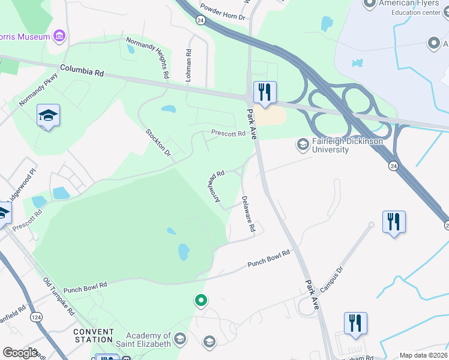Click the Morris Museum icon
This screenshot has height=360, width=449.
click(x=59, y=37)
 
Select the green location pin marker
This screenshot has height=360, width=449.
click(x=202, y=300)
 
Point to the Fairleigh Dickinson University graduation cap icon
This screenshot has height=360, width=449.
click(x=303, y=144)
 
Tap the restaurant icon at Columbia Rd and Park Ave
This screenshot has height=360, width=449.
click(x=265, y=92)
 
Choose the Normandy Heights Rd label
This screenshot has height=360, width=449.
click(x=146, y=58)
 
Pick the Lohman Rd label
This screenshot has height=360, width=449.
click(x=189, y=65)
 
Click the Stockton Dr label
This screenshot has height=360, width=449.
click(x=159, y=143)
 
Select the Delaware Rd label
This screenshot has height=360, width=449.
click(x=249, y=214)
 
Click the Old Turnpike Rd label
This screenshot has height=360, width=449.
click(x=58, y=296)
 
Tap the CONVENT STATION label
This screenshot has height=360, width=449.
click(x=94, y=336)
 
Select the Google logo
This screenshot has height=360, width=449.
click(x=20, y=353)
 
